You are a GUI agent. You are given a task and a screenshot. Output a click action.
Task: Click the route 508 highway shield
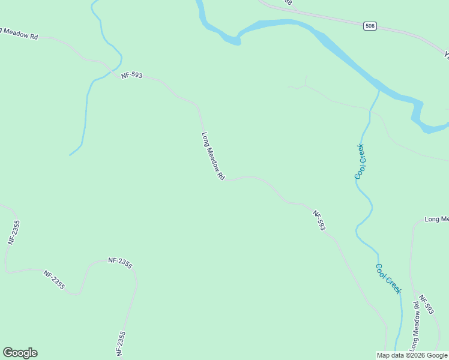point(370,26)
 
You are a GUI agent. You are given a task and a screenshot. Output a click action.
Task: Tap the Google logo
point(20,353)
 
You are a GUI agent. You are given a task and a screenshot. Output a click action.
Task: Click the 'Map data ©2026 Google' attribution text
point(412,355)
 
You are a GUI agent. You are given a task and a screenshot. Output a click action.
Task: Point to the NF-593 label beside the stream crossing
point(131,75)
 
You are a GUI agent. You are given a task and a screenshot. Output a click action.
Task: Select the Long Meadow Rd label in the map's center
point(212,156)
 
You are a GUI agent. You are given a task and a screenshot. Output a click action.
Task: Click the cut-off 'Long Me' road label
point(436,219)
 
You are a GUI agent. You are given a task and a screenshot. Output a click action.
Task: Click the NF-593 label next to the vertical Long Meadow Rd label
point(426,305)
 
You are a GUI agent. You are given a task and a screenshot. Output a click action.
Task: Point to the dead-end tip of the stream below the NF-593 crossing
point(70,155)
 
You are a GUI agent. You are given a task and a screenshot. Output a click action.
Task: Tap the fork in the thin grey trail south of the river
point(305,86)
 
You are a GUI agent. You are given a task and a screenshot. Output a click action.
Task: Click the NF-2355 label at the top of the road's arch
point(120,262)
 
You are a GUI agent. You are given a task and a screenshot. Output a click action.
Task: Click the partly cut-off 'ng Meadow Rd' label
point(19,33)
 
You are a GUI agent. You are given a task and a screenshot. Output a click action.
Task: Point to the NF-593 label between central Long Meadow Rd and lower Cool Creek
point(319,220)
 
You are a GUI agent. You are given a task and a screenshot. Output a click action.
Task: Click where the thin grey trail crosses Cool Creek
point(367,109)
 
